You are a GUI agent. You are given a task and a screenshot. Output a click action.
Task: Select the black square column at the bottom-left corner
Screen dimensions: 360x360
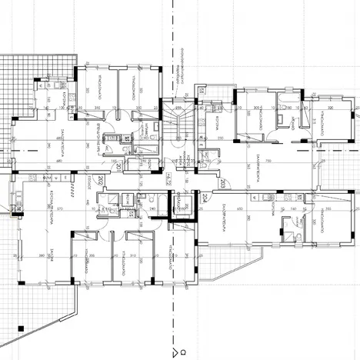coord(20,329)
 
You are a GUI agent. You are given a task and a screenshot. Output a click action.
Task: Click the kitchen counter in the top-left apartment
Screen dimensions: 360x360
coord(58,85)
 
